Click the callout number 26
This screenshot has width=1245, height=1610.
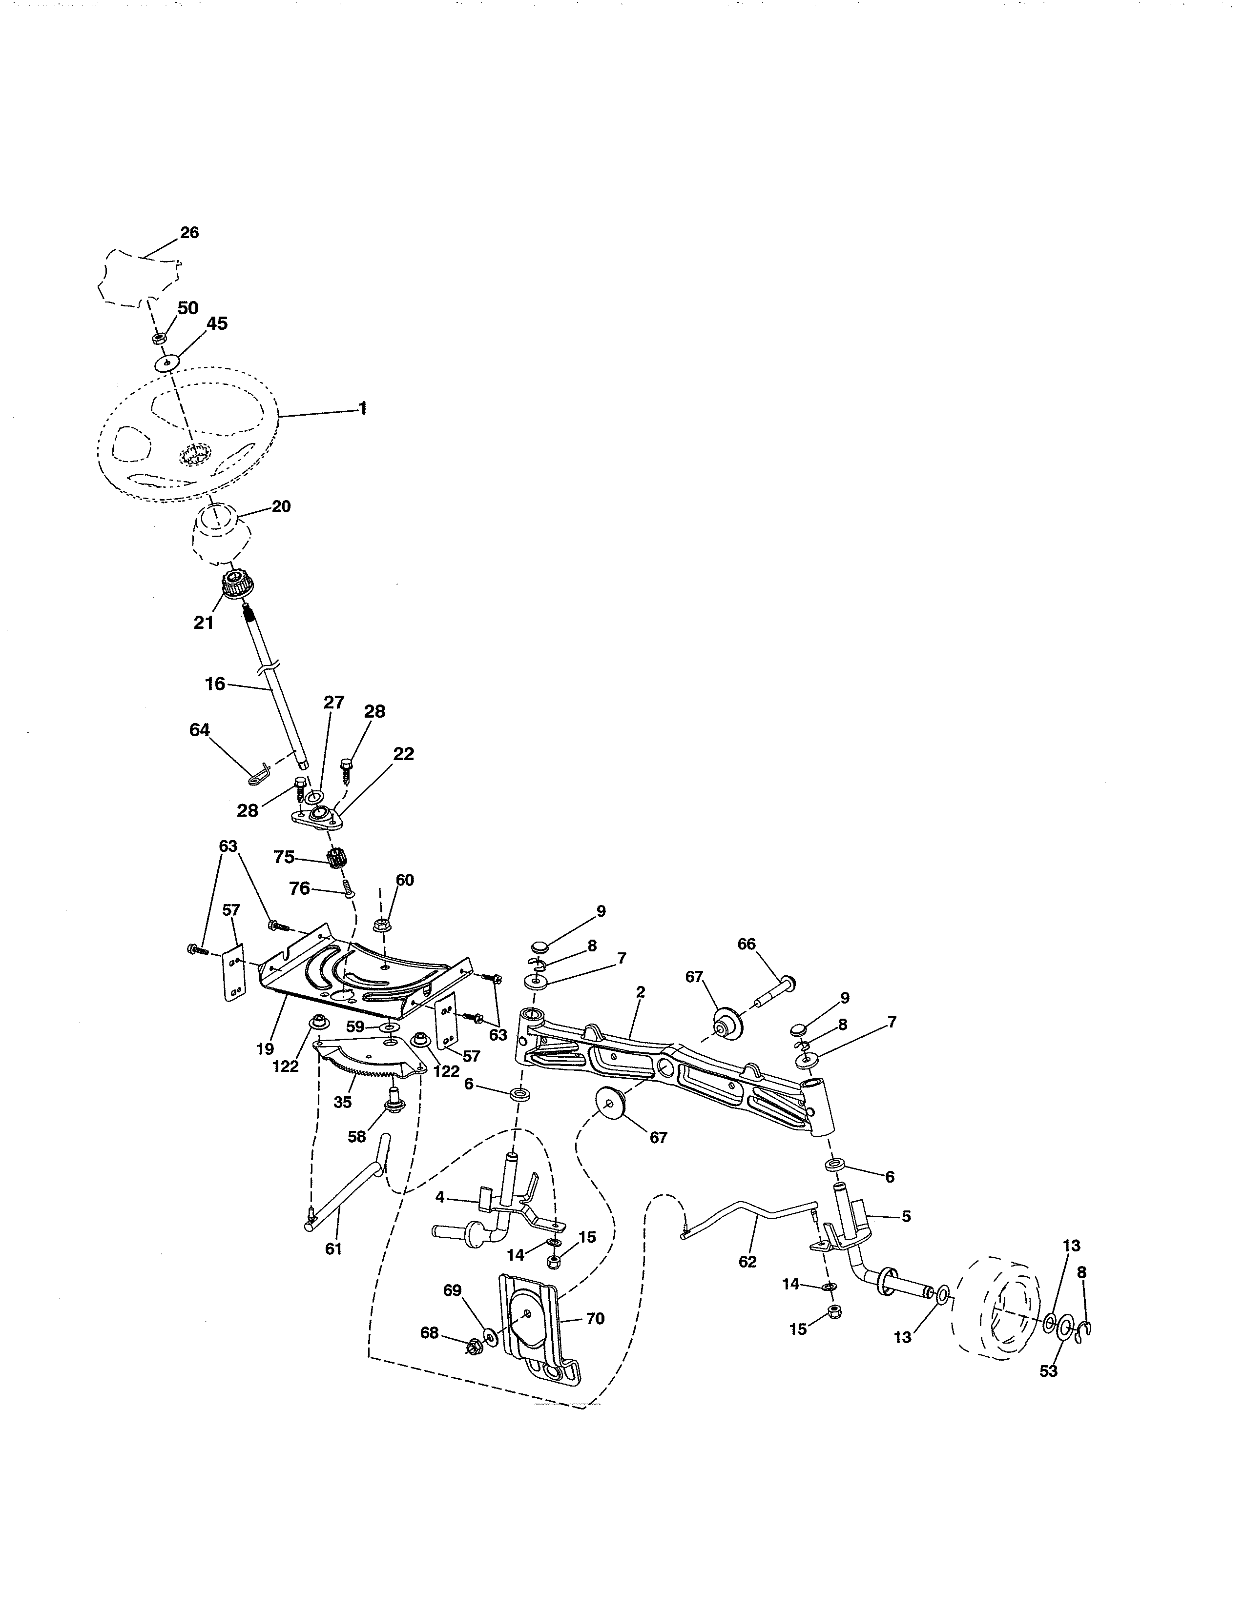tap(189, 232)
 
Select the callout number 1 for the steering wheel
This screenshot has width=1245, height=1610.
tap(362, 408)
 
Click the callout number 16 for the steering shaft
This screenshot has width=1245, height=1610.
tap(215, 684)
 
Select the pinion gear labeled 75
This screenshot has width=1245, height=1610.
tap(337, 859)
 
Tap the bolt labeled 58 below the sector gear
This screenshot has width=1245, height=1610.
tap(393, 1104)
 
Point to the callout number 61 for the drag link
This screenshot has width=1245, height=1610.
tap(333, 1249)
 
